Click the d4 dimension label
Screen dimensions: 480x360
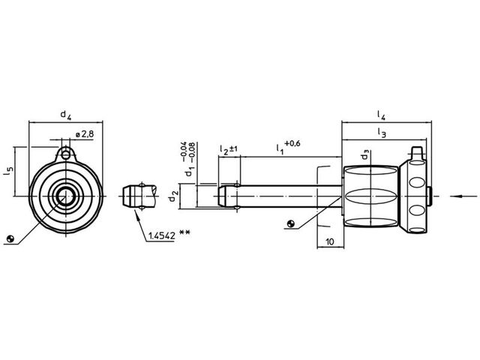(x=65, y=115)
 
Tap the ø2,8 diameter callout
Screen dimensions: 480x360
(x=84, y=134)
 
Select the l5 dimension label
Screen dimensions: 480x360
(x=8, y=172)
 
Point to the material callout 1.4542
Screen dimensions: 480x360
(x=162, y=235)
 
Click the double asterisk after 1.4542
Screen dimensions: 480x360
(x=184, y=233)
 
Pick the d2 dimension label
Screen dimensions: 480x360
(x=173, y=196)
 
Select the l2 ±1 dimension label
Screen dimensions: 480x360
(x=229, y=150)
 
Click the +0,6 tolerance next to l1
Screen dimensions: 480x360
(x=292, y=143)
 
